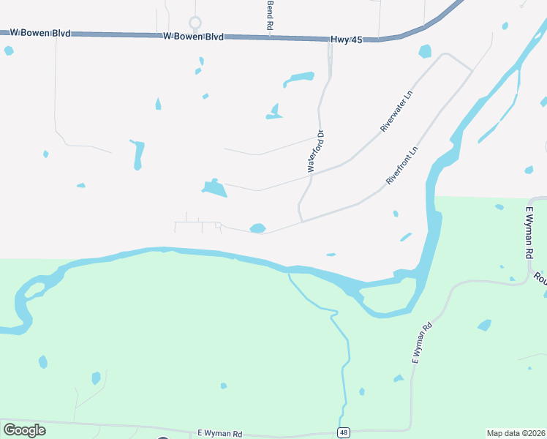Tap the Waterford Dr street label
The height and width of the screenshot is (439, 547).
315,151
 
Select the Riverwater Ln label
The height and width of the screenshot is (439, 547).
396,111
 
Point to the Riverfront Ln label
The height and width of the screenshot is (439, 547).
402,165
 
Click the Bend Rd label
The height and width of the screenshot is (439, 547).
270,15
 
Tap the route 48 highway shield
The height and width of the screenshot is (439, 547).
343,432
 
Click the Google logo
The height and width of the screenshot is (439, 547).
24,429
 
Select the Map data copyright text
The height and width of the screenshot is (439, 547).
516,433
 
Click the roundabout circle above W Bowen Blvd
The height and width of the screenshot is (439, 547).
195,23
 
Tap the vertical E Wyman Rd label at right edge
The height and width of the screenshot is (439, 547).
529,233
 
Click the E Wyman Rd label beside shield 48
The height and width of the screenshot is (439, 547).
220,434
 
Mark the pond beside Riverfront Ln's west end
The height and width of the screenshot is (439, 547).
257,228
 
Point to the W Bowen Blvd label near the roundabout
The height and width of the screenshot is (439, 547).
192,36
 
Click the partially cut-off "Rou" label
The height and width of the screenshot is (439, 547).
540,279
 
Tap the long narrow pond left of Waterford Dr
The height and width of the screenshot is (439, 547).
137,154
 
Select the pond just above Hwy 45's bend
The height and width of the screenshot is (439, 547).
425,51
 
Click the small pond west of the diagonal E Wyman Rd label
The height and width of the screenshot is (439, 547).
399,378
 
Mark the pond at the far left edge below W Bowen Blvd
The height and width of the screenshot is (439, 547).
8,50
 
